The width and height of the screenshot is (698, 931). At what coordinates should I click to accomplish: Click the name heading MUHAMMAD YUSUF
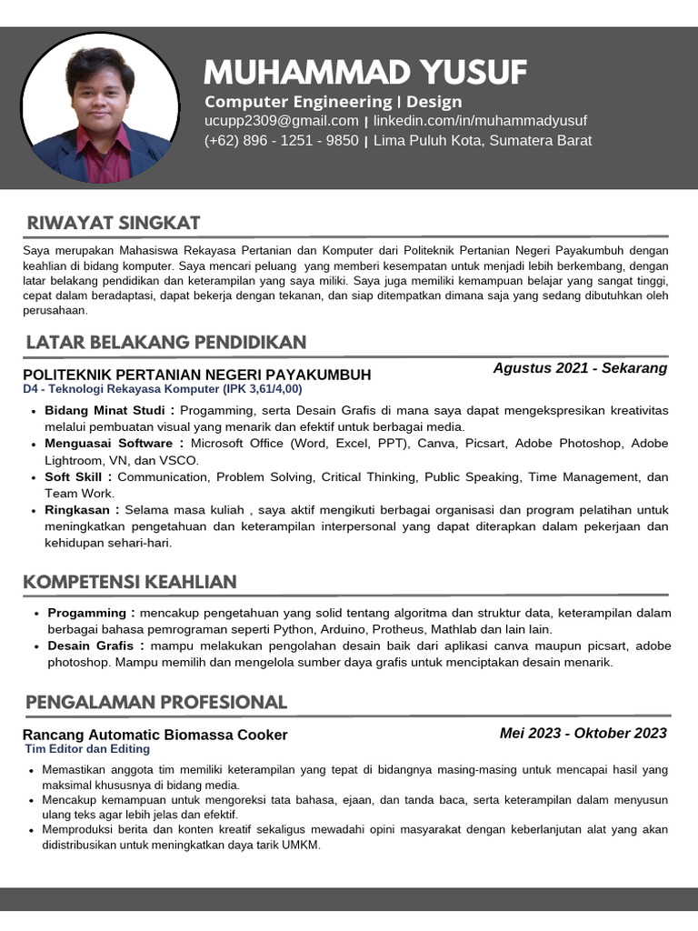click(365, 72)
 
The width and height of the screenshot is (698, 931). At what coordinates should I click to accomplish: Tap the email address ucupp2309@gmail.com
click(282, 121)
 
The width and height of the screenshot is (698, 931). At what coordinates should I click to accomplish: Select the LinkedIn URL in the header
click(480, 121)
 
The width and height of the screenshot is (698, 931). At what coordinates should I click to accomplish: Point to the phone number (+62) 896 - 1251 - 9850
click(282, 141)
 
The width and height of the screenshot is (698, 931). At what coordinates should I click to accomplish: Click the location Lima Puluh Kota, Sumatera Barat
click(483, 141)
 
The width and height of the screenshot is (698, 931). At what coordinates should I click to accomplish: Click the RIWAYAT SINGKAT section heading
click(114, 224)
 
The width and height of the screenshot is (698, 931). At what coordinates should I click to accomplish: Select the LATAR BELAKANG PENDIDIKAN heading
click(166, 342)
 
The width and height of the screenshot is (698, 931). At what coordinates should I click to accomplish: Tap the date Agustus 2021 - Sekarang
click(580, 368)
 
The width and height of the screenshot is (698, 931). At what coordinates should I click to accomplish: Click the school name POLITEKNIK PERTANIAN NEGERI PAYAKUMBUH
click(197, 375)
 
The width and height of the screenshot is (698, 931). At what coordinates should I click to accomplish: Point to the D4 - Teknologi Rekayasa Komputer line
click(163, 389)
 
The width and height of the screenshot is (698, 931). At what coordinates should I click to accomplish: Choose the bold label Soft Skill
click(78, 476)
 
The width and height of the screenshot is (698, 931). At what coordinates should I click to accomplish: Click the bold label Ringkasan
click(82, 510)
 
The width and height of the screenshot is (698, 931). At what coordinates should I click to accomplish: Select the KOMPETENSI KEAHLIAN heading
click(131, 582)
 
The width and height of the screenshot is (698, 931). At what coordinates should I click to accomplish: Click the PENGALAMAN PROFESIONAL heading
click(156, 702)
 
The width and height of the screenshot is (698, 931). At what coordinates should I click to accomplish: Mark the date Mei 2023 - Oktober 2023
click(583, 734)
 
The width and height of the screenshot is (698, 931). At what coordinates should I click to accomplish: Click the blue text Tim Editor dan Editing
click(87, 749)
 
